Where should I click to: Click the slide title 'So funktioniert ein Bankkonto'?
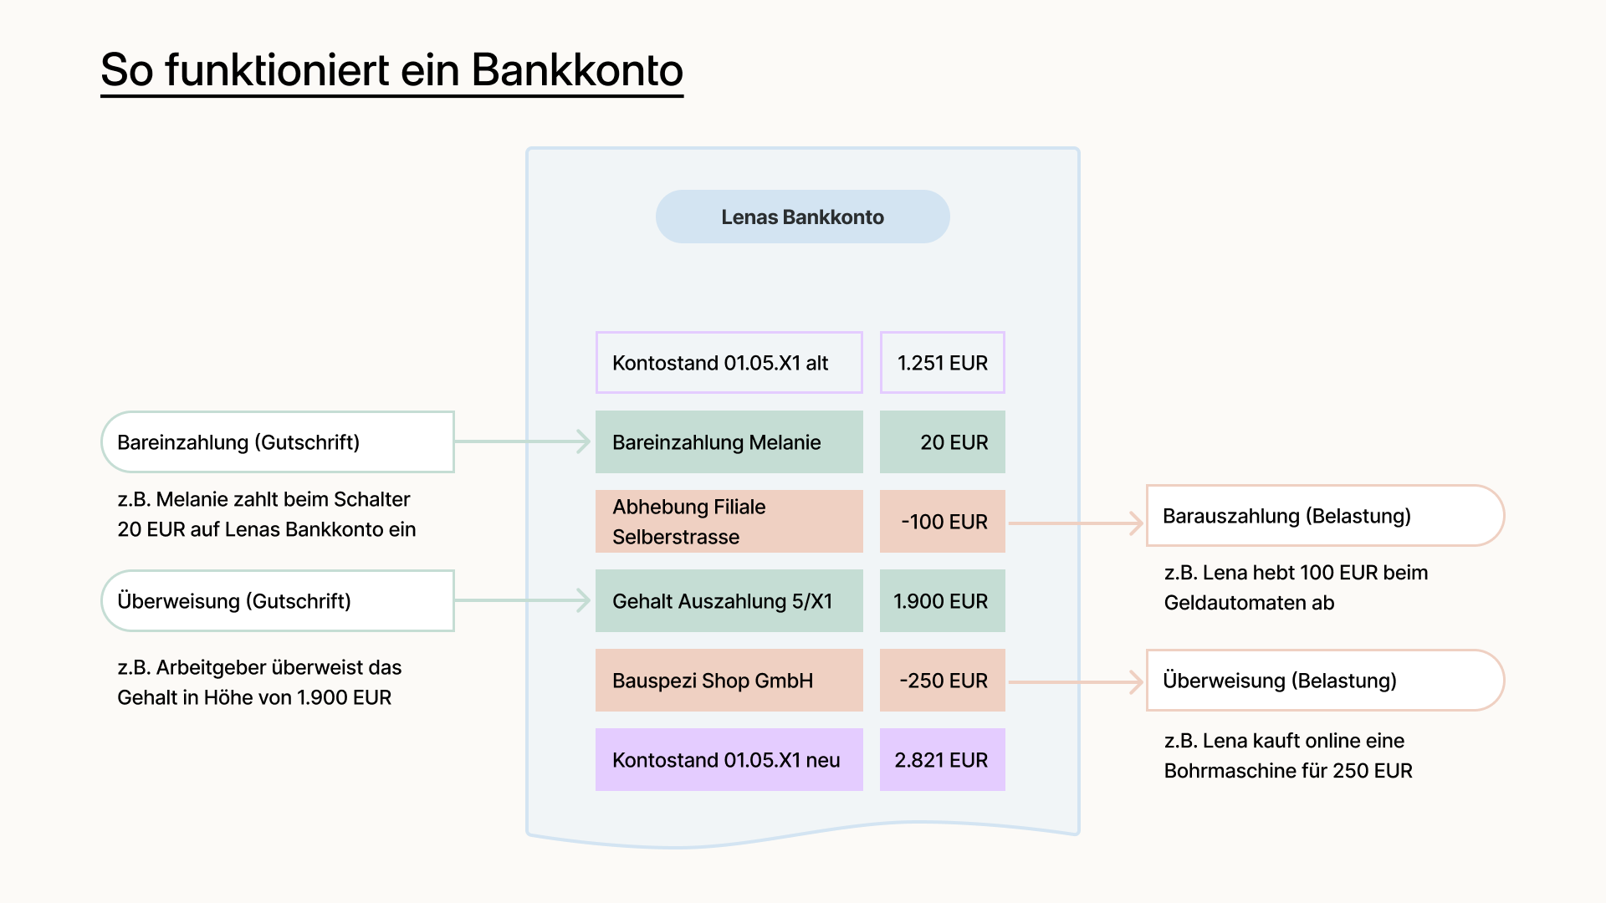(x=391, y=70)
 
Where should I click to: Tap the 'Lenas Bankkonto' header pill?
(x=802, y=217)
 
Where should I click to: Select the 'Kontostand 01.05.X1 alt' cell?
(x=729, y=363)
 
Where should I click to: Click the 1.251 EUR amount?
(x=942, y=363)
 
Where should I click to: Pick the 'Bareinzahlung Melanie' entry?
(x=729, y=442)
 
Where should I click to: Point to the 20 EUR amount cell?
(x=942, y=442)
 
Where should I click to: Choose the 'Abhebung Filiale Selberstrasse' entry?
(x=729, y=522)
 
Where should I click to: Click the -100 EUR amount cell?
(x=942, y=522)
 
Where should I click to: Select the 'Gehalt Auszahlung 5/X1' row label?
(x=729, y=601)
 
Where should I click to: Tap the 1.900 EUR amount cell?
(x=942, y=601)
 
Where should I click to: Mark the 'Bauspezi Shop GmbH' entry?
(x=729, y=681)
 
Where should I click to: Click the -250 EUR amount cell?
(x=942, y=681)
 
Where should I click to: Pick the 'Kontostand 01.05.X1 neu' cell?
(x=729, y=760)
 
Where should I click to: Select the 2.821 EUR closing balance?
(x=942, y=760)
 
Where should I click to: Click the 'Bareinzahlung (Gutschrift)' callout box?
(x=278, y=442)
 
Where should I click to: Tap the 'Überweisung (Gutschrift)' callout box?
(x=278, y=601)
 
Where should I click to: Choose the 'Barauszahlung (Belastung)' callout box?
(x=1324, y=516)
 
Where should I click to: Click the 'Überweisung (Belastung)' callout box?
(x=1324, y=681)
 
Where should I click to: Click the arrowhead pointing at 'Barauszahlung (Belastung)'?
(x=1137, y=523)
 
